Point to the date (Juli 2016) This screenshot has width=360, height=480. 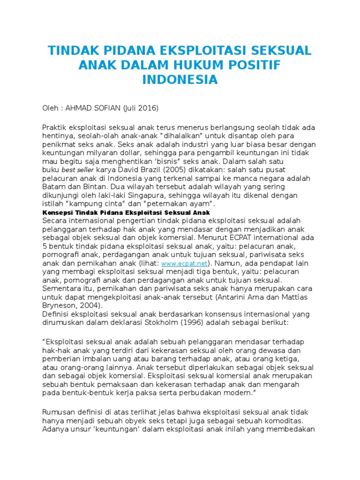click(141, 108)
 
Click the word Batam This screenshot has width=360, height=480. click(53, 187)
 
